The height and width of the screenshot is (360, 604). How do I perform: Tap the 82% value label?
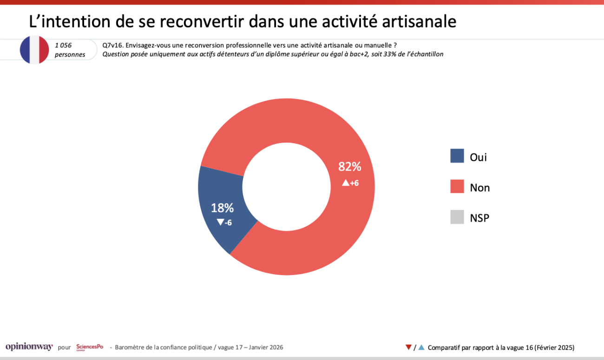(x=349, y=167)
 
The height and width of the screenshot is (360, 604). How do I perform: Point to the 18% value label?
(x=222, y=208)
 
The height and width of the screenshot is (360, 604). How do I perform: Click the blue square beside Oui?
(x=457, y=156)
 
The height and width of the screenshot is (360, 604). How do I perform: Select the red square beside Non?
(x=457, y=187)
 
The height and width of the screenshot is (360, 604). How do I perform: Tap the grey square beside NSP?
(x=457, y=217)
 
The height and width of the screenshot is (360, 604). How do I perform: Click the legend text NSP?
(x=479, y=217)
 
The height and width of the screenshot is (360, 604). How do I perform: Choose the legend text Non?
(x=480, y=187)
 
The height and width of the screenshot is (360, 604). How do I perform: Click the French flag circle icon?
(x=34, y=50)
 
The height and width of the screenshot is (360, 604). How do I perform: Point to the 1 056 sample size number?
(x=64, y=45)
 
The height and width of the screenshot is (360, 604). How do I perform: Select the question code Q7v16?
(x=112, y=45)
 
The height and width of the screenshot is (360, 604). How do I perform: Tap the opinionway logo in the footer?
(x=29, y=347)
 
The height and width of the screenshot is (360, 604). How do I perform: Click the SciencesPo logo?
(x=90, y=347)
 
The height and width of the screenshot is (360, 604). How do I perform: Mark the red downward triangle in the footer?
(x=408, y=347)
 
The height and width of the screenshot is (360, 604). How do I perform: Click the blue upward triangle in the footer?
(x=421, y=347)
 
